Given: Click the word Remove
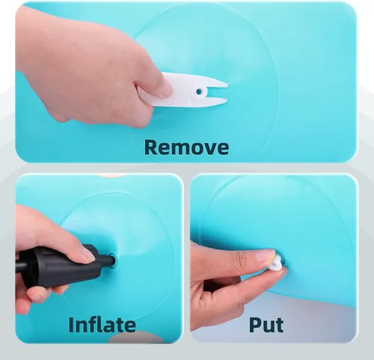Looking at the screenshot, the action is (x=186, y=147).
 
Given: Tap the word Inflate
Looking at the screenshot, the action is (x=102, y=325).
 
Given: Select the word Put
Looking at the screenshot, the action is (x=266, y=325).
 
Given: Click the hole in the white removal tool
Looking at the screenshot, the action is (x=199, y=92).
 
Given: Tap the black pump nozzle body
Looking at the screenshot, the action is (x=62, y=266).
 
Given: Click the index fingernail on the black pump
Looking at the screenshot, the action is (x=88, y=256).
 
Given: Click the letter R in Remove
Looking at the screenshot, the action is (x=150, y=147).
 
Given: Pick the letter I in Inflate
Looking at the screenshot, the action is (x=71, y=325).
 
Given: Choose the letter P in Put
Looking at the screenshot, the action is (x=255, y=325).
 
